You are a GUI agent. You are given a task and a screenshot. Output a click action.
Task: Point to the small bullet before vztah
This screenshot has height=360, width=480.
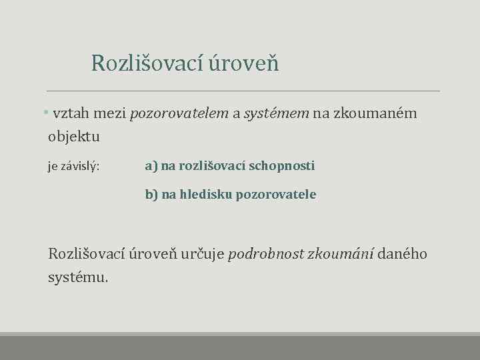tap(45, 113)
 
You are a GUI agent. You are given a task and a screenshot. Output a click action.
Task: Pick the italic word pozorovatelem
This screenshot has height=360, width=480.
tap(179, 113)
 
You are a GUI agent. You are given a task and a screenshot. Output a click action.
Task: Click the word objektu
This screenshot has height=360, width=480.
tap(74, 137)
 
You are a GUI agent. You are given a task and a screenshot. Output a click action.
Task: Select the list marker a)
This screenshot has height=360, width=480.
tap(151, 165)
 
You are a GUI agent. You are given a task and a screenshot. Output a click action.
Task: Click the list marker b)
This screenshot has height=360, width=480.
tap(152, 195)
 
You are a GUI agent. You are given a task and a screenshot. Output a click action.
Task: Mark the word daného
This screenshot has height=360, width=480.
tap(404, 253)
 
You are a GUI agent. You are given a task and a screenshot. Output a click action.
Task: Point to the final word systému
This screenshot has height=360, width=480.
tap(77, 277)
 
